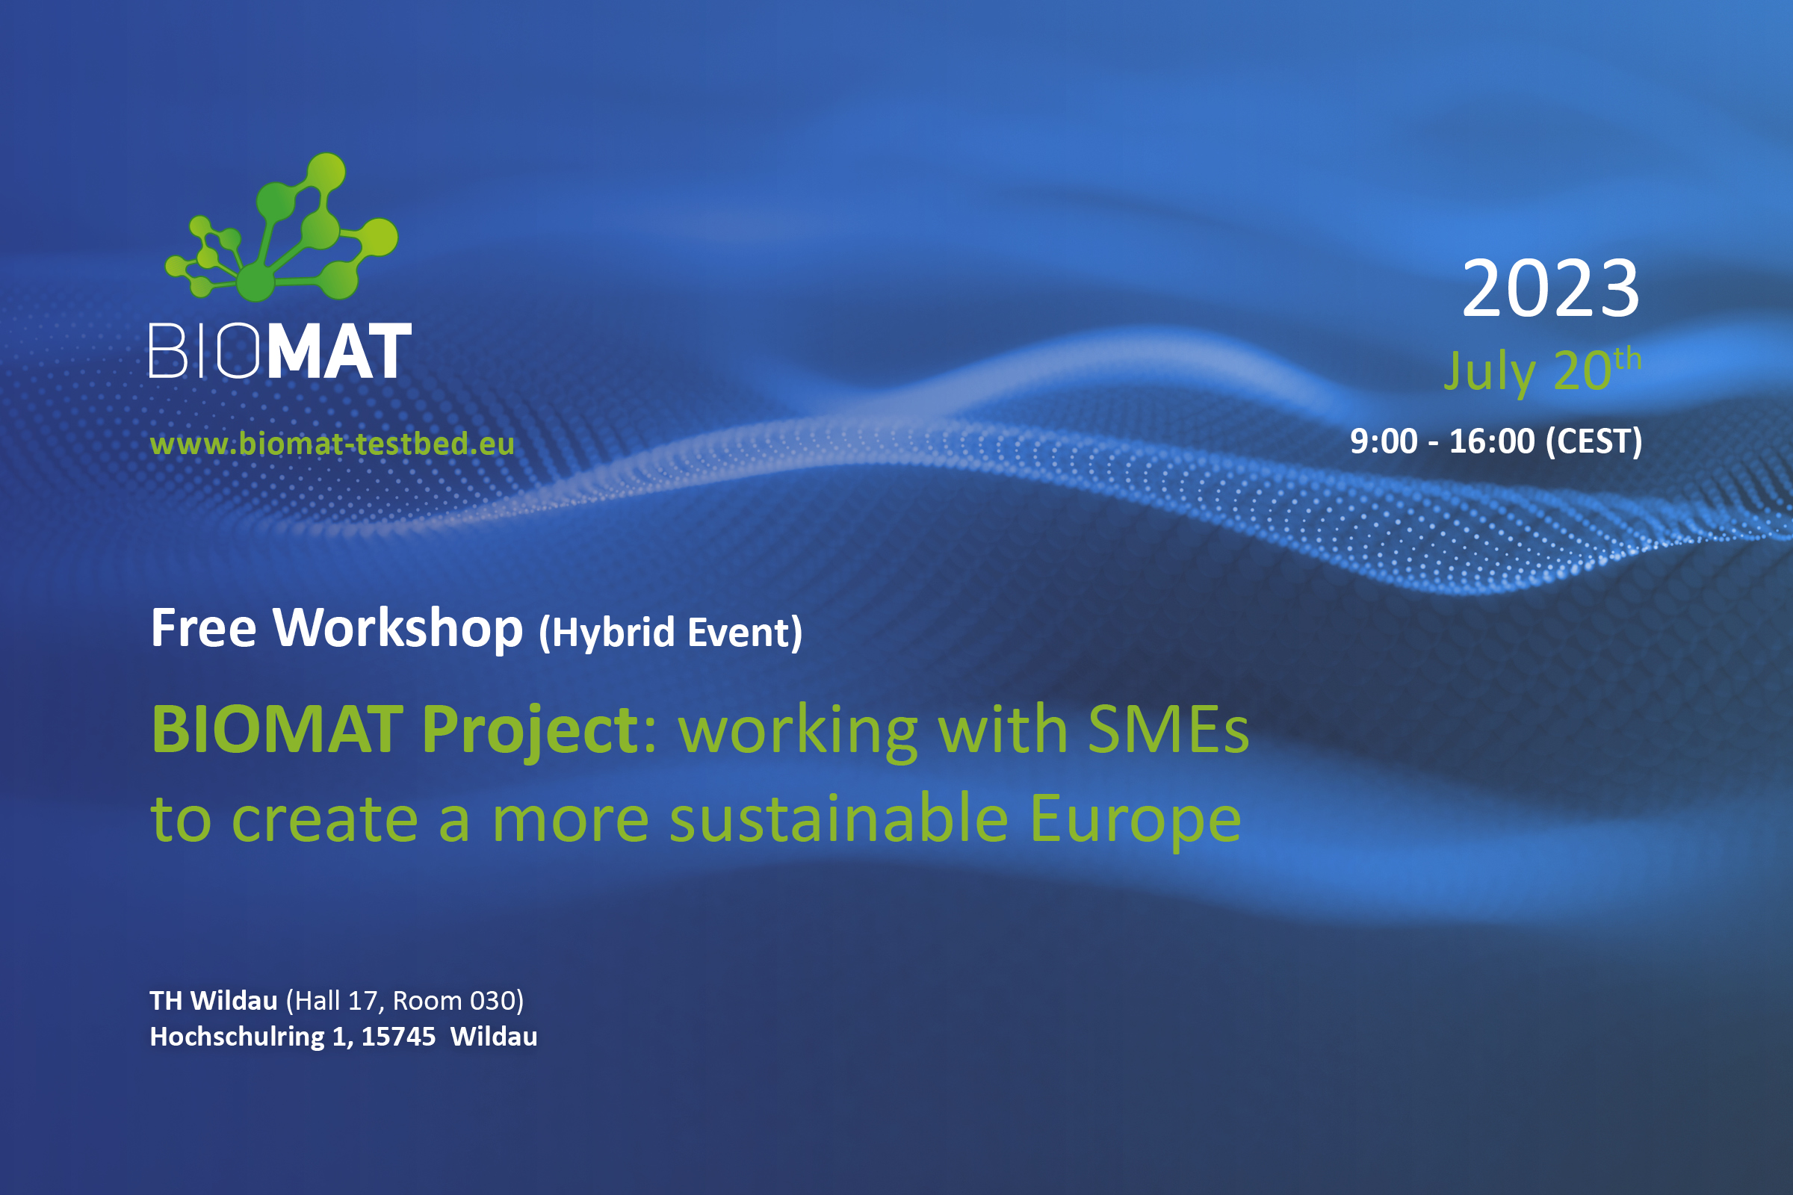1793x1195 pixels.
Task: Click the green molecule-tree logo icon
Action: pyautogui.click(x=282, y=229)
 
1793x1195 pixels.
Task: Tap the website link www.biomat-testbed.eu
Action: pyautogui.click(x=332, y=444)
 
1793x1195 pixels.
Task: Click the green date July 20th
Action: pyautogui.click(x=1540, y=371)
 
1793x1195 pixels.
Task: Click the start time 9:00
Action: pyautogui.click(x=1383, y=442)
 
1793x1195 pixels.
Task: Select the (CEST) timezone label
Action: pyautogui.click(x=1594, y=442)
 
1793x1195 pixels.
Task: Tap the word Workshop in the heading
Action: pyautogui.click(x=398, y=629)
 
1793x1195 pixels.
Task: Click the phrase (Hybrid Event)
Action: pyautogui.click(x=670, y=633)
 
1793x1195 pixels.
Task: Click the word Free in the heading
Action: pyautogui.click(x=203, y=629)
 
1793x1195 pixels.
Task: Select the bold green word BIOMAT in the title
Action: pyautogui.click(x=277, y=730)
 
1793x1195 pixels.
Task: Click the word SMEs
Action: pyautogui.click(x=1168, y=730)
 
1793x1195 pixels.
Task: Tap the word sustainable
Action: pyautogui.click(x=838, y=819)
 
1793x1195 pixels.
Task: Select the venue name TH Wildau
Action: pyautogui.click(x=214, y=1001)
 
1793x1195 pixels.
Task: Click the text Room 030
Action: pyautogui.click(x=455, y=1001)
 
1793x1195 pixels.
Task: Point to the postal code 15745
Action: pyautogui.click(x=398, y=1037)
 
